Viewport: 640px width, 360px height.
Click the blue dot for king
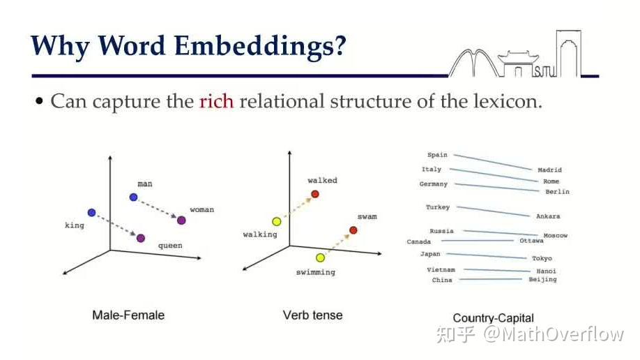[92, 213]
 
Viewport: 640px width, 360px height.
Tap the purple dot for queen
[141, 238]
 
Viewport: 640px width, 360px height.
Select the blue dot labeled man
[133, 197]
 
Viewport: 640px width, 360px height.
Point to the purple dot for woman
[181, 220]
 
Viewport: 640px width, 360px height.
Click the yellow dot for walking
[277, 221]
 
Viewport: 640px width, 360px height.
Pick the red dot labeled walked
[314, 194]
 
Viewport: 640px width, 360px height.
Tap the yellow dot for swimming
[321, 257]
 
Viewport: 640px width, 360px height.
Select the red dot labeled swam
[353, 230]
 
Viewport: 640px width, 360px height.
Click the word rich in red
[216, 101]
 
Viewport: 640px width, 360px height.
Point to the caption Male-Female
[128, 315]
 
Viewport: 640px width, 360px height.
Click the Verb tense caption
[312, 315]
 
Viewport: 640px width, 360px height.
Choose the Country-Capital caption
[494, 318]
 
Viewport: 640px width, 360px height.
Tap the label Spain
[437, 155]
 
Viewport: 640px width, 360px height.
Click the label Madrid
[549, 170]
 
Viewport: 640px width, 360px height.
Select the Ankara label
[548, 216]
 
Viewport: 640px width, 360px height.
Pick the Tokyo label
[542, 258]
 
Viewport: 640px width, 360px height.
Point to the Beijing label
[542, 280]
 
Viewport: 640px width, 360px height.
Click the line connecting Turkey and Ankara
[493, 211]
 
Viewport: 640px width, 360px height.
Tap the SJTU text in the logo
[545, 73]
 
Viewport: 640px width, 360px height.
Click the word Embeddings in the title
[261, 46]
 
